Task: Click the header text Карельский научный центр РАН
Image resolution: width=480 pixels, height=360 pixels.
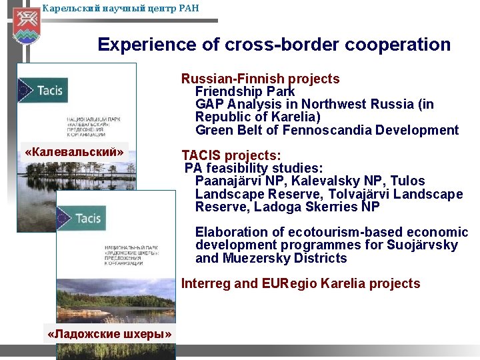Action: point(120,9)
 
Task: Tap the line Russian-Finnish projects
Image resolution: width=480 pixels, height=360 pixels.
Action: point(260,79)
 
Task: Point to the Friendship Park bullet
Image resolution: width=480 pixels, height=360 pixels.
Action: point(245,91)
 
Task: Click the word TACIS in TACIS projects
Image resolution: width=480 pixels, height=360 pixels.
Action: point(201,156)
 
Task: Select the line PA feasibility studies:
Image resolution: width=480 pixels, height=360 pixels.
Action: point(254,168)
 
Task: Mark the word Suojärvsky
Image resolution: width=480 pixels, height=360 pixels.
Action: point(423,245)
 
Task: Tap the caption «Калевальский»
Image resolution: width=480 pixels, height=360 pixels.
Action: point(74,153)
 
